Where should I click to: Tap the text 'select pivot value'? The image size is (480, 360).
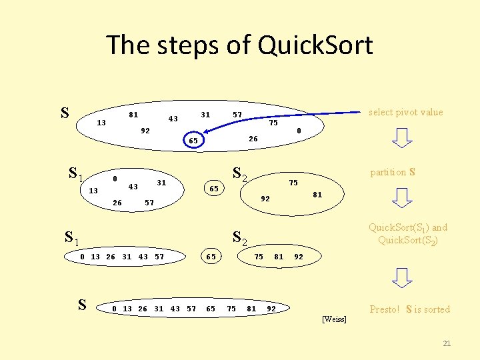coord(405,112)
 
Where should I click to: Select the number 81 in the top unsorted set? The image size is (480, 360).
coord(133,115)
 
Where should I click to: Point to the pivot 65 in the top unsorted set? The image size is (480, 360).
coord(192,141)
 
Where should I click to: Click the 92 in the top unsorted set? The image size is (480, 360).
coord(145,131)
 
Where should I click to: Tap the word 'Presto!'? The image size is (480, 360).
coord(385,309)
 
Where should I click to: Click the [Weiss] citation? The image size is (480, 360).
coord(334,319)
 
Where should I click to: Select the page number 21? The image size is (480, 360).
coord(447,343)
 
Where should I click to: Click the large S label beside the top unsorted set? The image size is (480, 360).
coord(65,112)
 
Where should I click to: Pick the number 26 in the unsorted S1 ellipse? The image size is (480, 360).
coord(117,202)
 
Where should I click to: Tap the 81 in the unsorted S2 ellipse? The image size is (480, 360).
coord(317,195)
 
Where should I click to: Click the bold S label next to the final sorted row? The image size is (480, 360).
coord(81,305)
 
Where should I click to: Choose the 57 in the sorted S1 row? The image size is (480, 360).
coord(159,257)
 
